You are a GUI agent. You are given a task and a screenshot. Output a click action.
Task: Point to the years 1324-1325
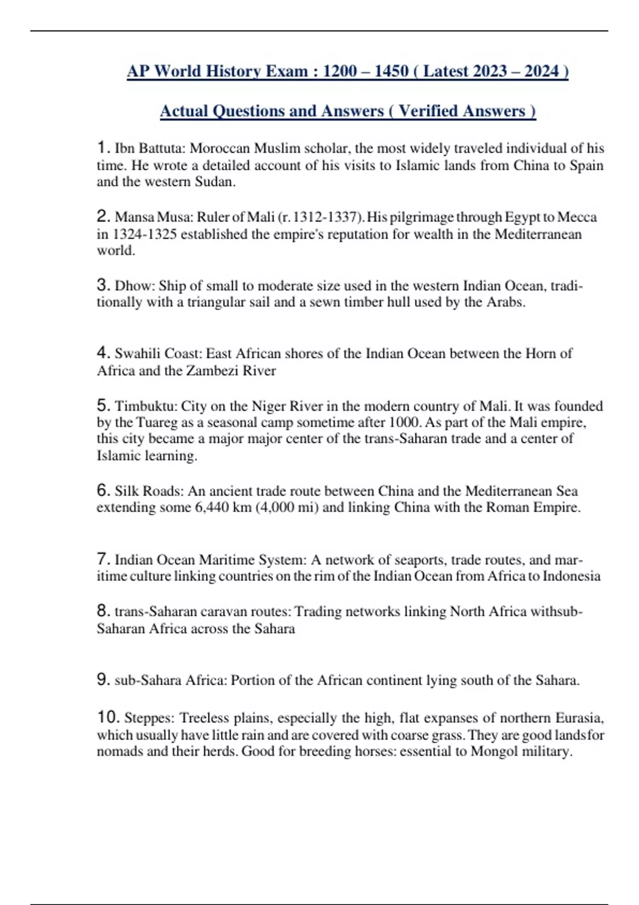[144, 234]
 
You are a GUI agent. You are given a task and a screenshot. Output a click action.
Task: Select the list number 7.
[103, 559]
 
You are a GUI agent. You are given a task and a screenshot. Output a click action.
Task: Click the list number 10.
[109, 718]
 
